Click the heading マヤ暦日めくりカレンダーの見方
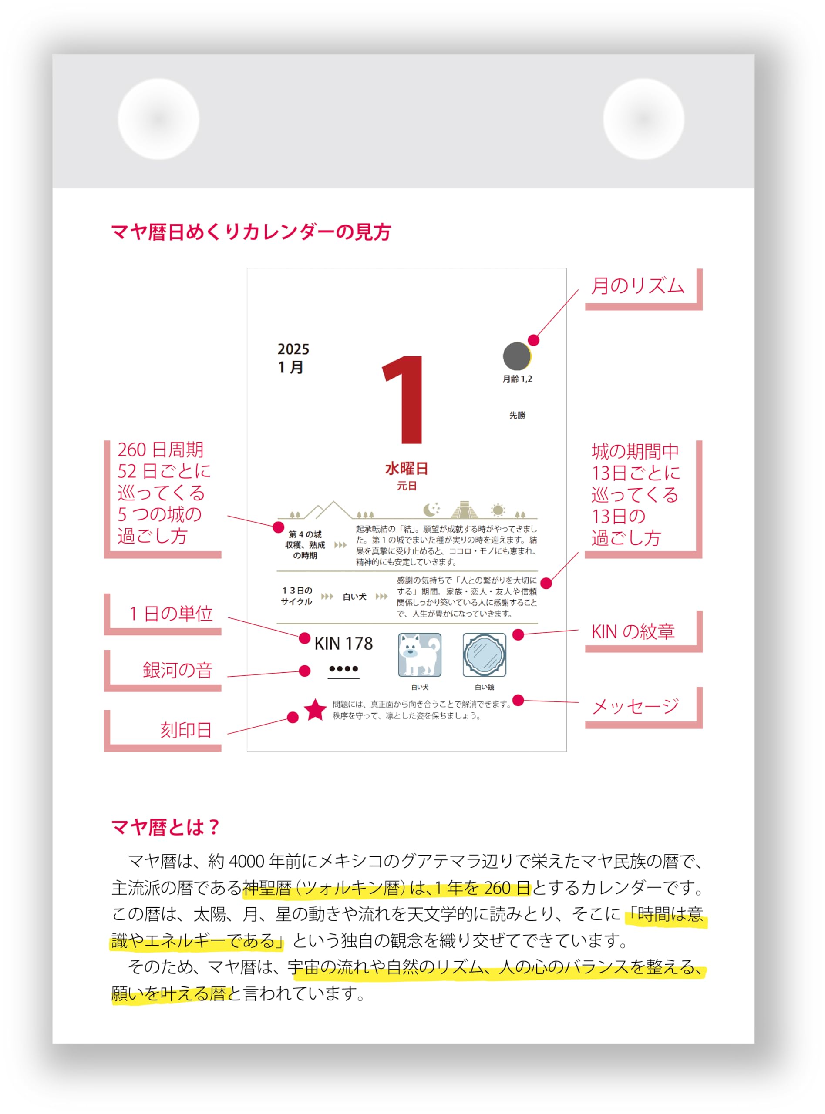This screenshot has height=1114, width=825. click(x=251, y=232)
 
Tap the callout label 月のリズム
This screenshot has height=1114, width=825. click(x=637, y=286)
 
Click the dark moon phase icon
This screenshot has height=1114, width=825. click(x=516, y=356)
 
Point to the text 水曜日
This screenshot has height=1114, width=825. click(x=407, y=469)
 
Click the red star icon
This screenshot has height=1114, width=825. click(x=316, y=710)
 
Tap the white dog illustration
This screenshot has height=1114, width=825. click(x=420, y=655)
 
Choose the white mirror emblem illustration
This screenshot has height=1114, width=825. click(x=484, y=655)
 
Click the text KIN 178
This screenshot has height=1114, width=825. click(x=343, y=644)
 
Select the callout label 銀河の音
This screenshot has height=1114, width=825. click(x=177, y=670)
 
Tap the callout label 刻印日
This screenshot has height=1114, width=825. click(x=186, y=730)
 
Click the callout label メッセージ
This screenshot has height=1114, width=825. click(x=635, y=706)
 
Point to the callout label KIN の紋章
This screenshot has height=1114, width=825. click(x=633, y=632)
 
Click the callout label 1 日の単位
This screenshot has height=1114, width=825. click(x=171, y=614)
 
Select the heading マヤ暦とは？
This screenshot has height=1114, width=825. click(x=165, y=828)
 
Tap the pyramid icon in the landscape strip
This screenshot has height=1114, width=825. click(x=464, y=510)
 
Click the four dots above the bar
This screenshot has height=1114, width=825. click(x=343, y=669)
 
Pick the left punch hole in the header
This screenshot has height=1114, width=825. click(x=158, y=119)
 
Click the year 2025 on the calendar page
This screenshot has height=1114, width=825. click(x=293, y=349)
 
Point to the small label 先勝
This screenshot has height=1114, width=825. click(x=517, y=415)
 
